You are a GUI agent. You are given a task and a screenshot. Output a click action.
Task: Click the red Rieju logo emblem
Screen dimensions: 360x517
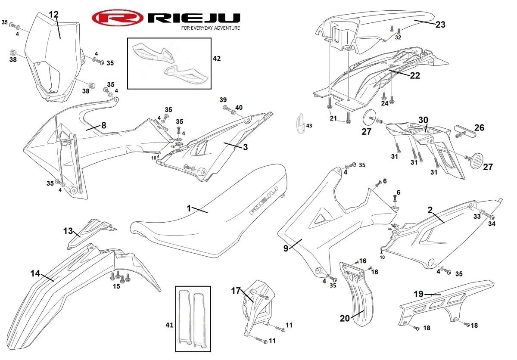coord(117,18)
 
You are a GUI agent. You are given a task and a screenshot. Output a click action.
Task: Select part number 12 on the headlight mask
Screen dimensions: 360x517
coord(53,14)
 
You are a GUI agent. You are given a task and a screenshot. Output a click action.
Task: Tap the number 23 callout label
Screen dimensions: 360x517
coord(440,25)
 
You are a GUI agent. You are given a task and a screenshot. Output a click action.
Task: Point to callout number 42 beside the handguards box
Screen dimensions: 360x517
coord(217,58)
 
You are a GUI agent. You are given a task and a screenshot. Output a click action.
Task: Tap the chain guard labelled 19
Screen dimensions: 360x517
coord(448,301)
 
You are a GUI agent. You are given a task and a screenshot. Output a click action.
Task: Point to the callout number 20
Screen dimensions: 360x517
coord(345,318)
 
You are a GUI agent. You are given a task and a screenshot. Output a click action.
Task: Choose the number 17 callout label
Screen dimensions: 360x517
coord(235,291)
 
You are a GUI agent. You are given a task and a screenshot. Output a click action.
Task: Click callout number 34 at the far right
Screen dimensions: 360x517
coord(492,224)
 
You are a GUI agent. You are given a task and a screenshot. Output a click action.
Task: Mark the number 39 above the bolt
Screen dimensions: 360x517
coord(223,100)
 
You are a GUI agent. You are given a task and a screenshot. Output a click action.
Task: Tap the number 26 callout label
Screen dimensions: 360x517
coord(479,127)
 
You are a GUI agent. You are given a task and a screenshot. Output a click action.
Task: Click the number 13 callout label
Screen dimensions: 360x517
coord(68,231)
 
